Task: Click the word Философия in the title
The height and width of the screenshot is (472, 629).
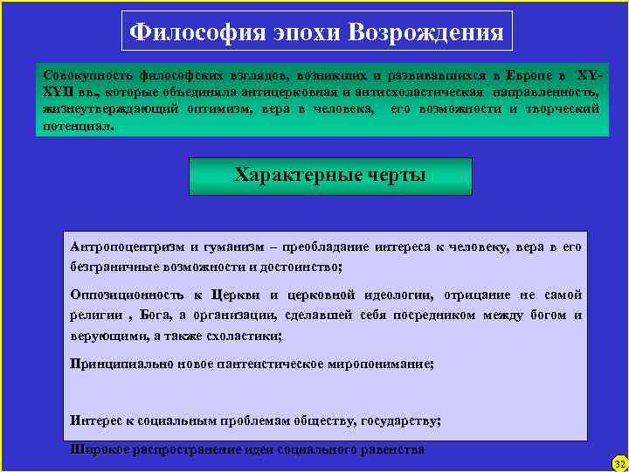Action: point(181,33)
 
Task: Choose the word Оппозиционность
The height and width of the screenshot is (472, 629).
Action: point(126,295)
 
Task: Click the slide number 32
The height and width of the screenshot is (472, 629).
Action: point(619,462)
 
